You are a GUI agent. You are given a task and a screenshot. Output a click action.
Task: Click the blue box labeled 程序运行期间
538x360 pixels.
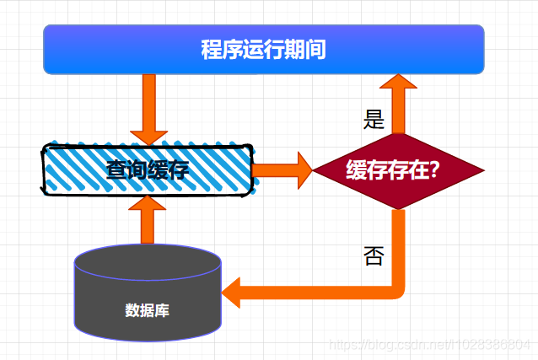pos(263,50)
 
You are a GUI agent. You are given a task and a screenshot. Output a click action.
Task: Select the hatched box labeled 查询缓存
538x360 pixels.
pos(148,169)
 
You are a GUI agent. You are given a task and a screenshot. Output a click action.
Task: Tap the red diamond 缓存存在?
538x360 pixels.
pos(398,171)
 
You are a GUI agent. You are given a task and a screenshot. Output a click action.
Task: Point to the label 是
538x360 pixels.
pos(374,121)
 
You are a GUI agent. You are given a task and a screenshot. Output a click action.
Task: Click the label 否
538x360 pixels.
pos(374,255)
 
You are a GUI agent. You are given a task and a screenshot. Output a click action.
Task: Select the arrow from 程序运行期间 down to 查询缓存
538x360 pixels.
pos(149,108)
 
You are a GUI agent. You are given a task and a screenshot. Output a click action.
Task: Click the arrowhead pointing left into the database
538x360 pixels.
pos(233,292)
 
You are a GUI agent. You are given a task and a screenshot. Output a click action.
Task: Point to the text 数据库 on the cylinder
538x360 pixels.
pos(148,310)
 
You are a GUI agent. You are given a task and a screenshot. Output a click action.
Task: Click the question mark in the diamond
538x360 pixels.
pos(434,171)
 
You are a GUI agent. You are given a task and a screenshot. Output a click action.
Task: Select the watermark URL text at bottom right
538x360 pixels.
pos(430,346)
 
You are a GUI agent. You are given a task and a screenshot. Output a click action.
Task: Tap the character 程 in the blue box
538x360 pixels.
pos(211,50)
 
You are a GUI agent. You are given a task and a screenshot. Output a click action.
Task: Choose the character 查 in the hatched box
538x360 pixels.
pos(117,170)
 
